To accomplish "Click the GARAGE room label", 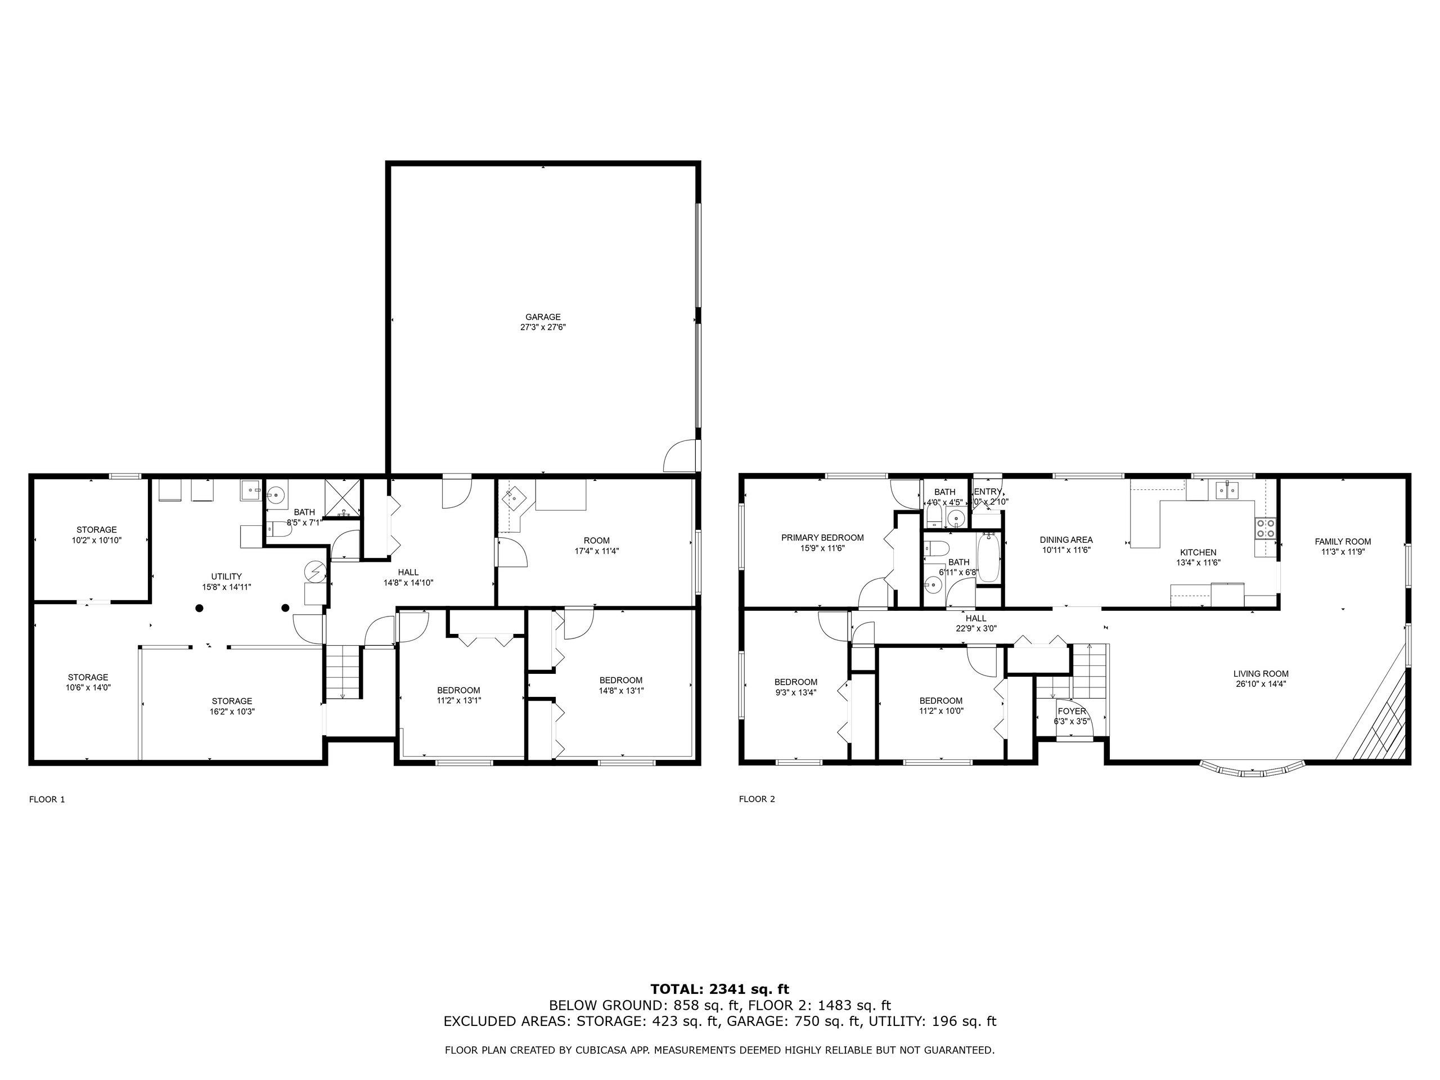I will [x=543, y=317].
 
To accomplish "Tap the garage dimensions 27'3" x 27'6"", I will [x=543, y=327].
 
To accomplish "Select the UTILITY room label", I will [x=227, y=576].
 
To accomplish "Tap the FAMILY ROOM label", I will [x=1342, y=541].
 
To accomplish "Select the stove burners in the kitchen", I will [x=1266, y=528].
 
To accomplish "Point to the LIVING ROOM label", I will [x=1261, y=674].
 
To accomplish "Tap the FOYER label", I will [x=1072, y=711].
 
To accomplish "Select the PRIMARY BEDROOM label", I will [x=822, y=537].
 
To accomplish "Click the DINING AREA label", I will [x=1066, y=539].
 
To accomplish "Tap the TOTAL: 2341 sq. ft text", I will [x=719, y=989].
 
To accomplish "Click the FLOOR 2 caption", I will [x=757, y=799].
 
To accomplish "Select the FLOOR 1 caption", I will [x=47, y=799].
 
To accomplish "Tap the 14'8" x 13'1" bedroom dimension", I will [x=621, y=691].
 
